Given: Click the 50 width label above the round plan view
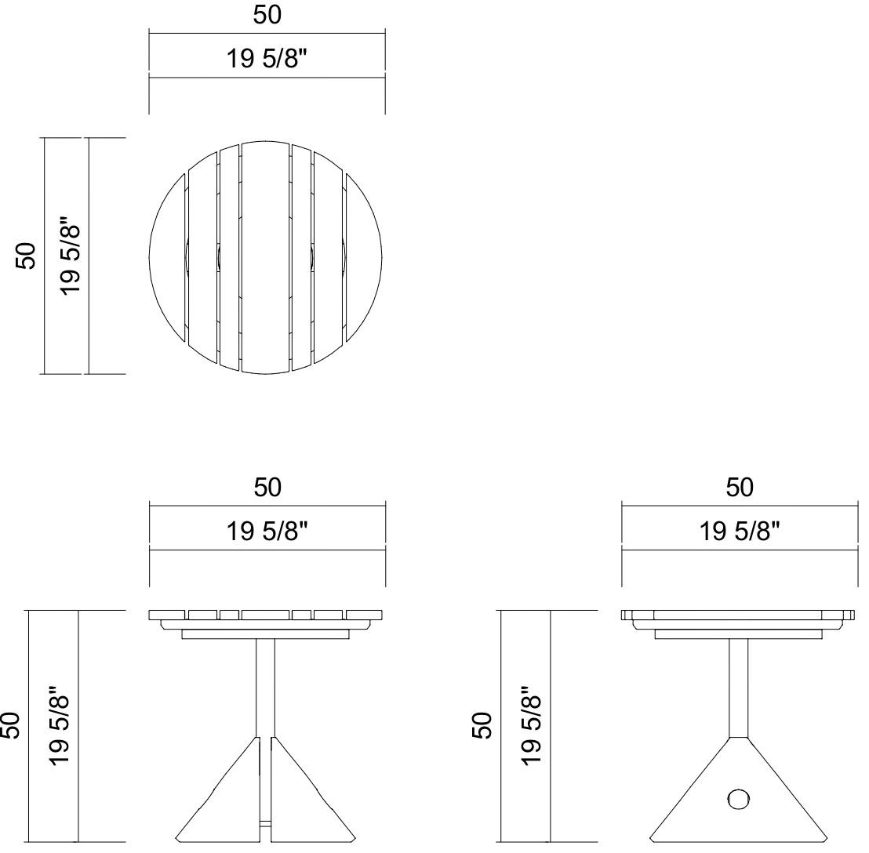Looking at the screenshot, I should coord(267,15).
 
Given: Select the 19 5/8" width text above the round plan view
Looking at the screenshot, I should coord(267,58).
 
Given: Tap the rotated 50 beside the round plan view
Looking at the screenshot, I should coord(27,256).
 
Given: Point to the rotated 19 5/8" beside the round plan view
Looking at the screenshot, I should coord(71,256).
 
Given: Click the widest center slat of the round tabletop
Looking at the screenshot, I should coord(265,256).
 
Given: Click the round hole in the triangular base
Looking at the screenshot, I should coord(738,800).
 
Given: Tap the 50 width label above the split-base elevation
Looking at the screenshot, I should coord(267,488).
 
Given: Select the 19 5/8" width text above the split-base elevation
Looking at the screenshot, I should coord(267,531).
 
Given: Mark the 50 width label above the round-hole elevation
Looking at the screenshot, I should coord(740,488).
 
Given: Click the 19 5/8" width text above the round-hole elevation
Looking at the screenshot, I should coord(740,531).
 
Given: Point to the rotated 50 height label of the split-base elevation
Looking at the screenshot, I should coord(11,725).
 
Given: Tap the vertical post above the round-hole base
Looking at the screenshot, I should coord(738,686).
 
